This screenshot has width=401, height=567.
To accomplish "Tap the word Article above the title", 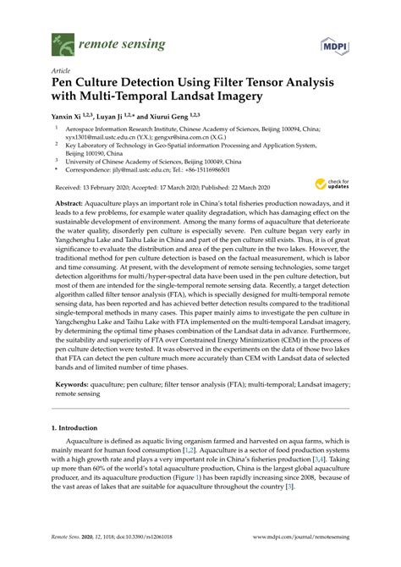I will click(62, 71).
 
